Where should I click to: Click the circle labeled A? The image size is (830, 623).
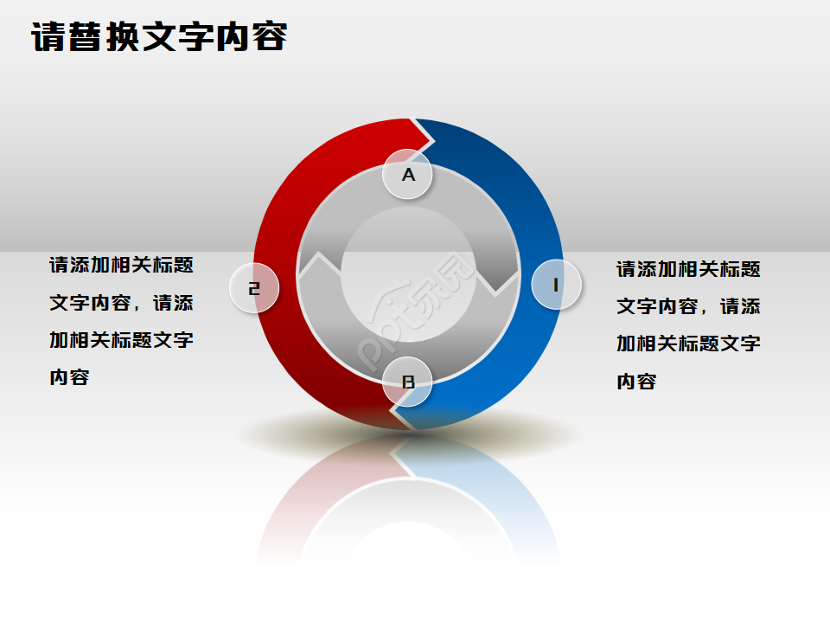click(408, 175)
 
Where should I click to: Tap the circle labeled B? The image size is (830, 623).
click(408, 382)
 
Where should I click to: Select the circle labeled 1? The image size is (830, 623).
click(556, 284)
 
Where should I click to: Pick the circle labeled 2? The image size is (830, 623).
click(254, 288)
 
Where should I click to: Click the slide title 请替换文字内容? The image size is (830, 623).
click(160, 37)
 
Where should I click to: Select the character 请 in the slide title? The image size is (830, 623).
click(48, 37)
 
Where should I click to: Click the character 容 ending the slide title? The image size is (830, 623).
click(271, 37)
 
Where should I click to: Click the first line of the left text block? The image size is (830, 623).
click(121, 265)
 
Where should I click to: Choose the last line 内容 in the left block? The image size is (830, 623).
click(69, 377)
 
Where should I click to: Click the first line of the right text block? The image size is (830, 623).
click(688, 269)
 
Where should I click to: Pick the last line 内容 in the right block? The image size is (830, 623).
click(636, 382)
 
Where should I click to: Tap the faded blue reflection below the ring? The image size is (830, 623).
click(510, 493)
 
